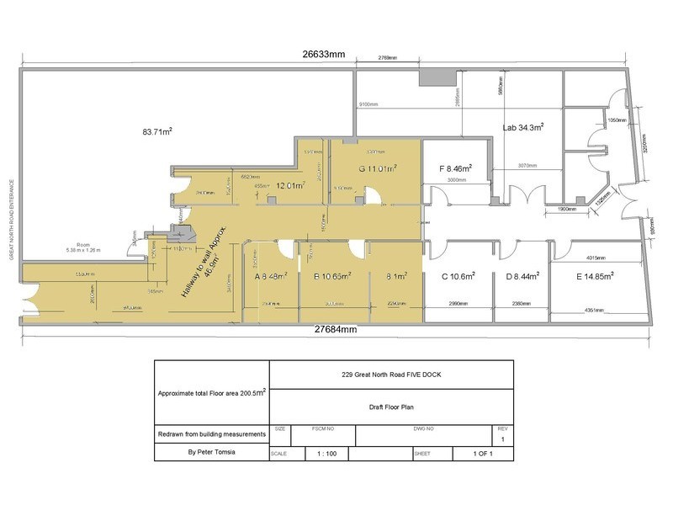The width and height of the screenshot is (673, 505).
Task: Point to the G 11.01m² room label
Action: click(x=378, y=168)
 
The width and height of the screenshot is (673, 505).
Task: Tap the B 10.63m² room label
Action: click(x=332, y=274)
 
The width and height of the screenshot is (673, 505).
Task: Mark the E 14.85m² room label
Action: click(x=592, y=274)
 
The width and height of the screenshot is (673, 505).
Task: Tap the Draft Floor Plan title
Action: click(x=390, y=406)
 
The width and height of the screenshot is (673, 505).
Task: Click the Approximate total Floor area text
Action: click(x=210, y=393)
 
